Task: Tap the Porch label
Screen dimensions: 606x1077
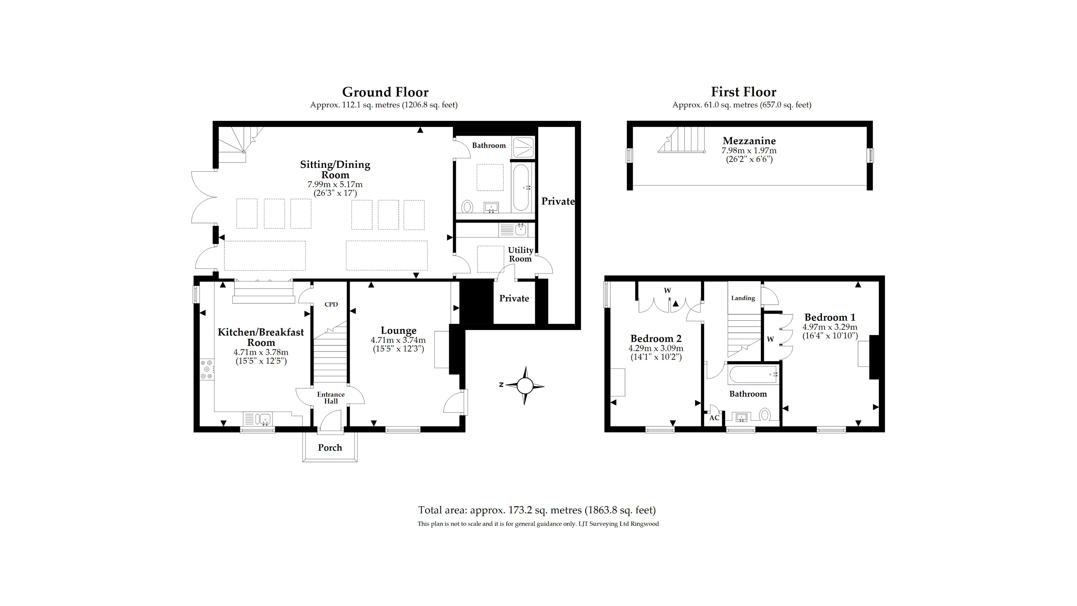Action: click(330, 447)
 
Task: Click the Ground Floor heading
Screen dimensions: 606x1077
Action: click(385, 92)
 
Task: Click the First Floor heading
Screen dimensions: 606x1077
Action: click(743, 92)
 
